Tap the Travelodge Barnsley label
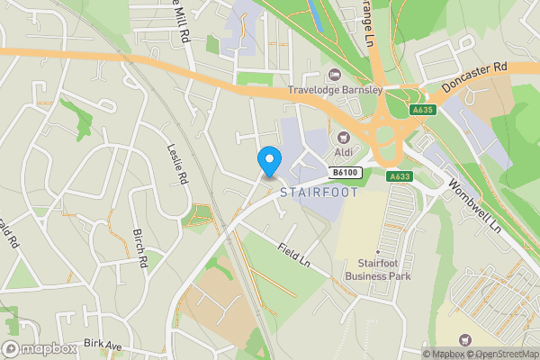tap(336, 90)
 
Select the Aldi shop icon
tap(343, 139)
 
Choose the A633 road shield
tap(400, 176)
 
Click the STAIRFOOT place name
tap(319, 193)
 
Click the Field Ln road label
tap(293, 253)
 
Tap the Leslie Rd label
tap(177, 165)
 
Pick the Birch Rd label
tap(140, 248)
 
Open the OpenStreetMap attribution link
tap(502, 354)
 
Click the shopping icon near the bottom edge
tap(464, 339)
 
